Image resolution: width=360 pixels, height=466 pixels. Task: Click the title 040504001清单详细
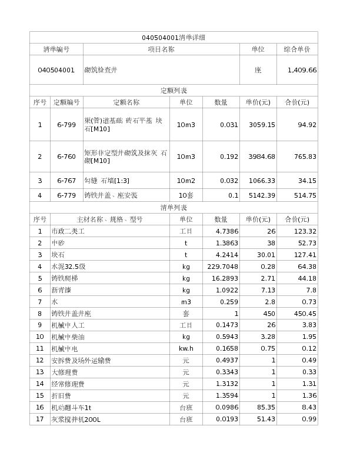(x=174, y=38)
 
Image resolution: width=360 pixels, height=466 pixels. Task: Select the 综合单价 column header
(x=297, y=49)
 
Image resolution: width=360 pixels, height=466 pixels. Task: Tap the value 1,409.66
(x=302, y=70)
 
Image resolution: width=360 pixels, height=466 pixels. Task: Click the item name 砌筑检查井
(x=101, y=70)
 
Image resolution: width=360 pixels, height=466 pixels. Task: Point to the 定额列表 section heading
(x=174, y=91)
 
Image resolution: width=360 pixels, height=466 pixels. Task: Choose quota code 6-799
(x=66, y=125)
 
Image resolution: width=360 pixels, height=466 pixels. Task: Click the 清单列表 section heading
(x=174, y=208)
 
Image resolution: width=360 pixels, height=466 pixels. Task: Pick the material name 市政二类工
(x=68, y=231)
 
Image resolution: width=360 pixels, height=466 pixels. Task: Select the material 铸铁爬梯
(x=64, y=278)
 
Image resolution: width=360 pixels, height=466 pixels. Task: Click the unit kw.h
(x=186, y=348)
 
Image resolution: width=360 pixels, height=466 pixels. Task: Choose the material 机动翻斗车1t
(x=71, y=407)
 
